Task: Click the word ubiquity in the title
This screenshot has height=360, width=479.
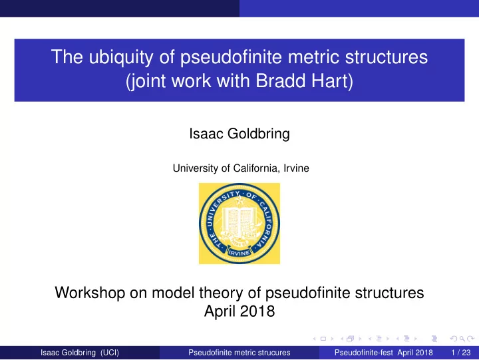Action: click(x=120, y=57)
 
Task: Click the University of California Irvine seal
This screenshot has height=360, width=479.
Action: click(x=239, y=224)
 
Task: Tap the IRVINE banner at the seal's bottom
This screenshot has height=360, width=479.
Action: click(x=239, y=253)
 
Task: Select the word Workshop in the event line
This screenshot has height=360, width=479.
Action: click(x=90, y=293)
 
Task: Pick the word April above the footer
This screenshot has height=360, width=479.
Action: click(x=219, y=311)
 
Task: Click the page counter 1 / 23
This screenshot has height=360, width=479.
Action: click(x=460, y=353)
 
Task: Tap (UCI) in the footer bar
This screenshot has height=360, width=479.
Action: click(x=110, y=353)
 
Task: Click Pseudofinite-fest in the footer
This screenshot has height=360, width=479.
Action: click(x=363, y=353)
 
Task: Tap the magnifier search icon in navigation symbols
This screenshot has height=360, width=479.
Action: click(x=462, y=339)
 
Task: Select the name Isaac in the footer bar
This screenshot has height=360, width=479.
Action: click(x=49, y=353)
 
